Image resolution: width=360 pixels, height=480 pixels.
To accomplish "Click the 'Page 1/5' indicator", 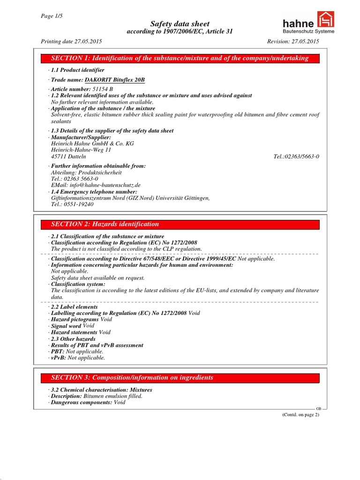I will [x=52, y=16].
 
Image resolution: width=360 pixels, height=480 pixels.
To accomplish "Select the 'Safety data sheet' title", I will [x=180, y=24].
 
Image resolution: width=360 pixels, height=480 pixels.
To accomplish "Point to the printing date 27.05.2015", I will [x=71, y=41].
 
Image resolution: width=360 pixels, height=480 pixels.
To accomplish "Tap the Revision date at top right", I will [x=293, y=41].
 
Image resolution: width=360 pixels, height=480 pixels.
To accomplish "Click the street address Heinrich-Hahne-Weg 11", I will [x=81, y=150].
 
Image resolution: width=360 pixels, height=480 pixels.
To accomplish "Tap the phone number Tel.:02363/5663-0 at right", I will [x=296, y=157].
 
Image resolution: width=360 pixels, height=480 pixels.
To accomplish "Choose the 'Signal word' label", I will [x=66, y=326].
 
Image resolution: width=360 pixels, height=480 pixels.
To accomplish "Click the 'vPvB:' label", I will [x=58, y=358].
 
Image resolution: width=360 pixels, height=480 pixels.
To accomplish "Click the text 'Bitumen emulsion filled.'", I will [x=112, y=396].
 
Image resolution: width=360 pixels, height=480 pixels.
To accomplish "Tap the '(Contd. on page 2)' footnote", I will [x=300, y=415].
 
